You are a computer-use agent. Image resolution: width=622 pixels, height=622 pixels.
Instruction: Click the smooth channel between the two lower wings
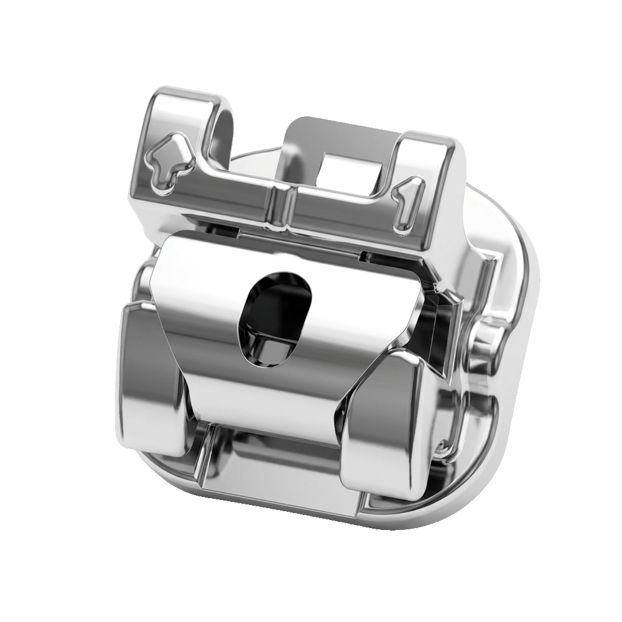pos(274,460)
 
